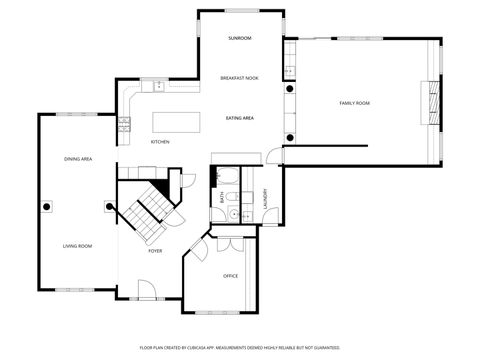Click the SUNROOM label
coord(239,38)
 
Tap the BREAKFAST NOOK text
coord(239,78)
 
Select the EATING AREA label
coord(239,118)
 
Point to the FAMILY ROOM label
coord(354,103)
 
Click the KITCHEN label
coord(160,142)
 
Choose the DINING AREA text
coord(79,159)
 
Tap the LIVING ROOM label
coord(78,246)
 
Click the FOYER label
coord(155,251)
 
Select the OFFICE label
coord(230,275)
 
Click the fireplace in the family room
coord(433,100)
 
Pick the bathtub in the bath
coord(225,178)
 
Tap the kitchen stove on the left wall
coord(125,125)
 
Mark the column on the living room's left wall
coord(45,207)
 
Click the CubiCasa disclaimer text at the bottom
coord(239,347)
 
